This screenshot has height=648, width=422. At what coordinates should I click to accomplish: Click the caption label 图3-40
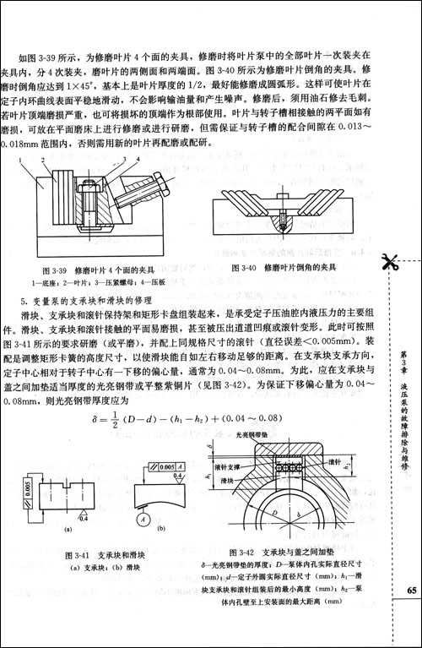click(244, 266)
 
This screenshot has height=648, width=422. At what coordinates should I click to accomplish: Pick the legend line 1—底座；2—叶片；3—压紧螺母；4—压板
click(100, 280)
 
